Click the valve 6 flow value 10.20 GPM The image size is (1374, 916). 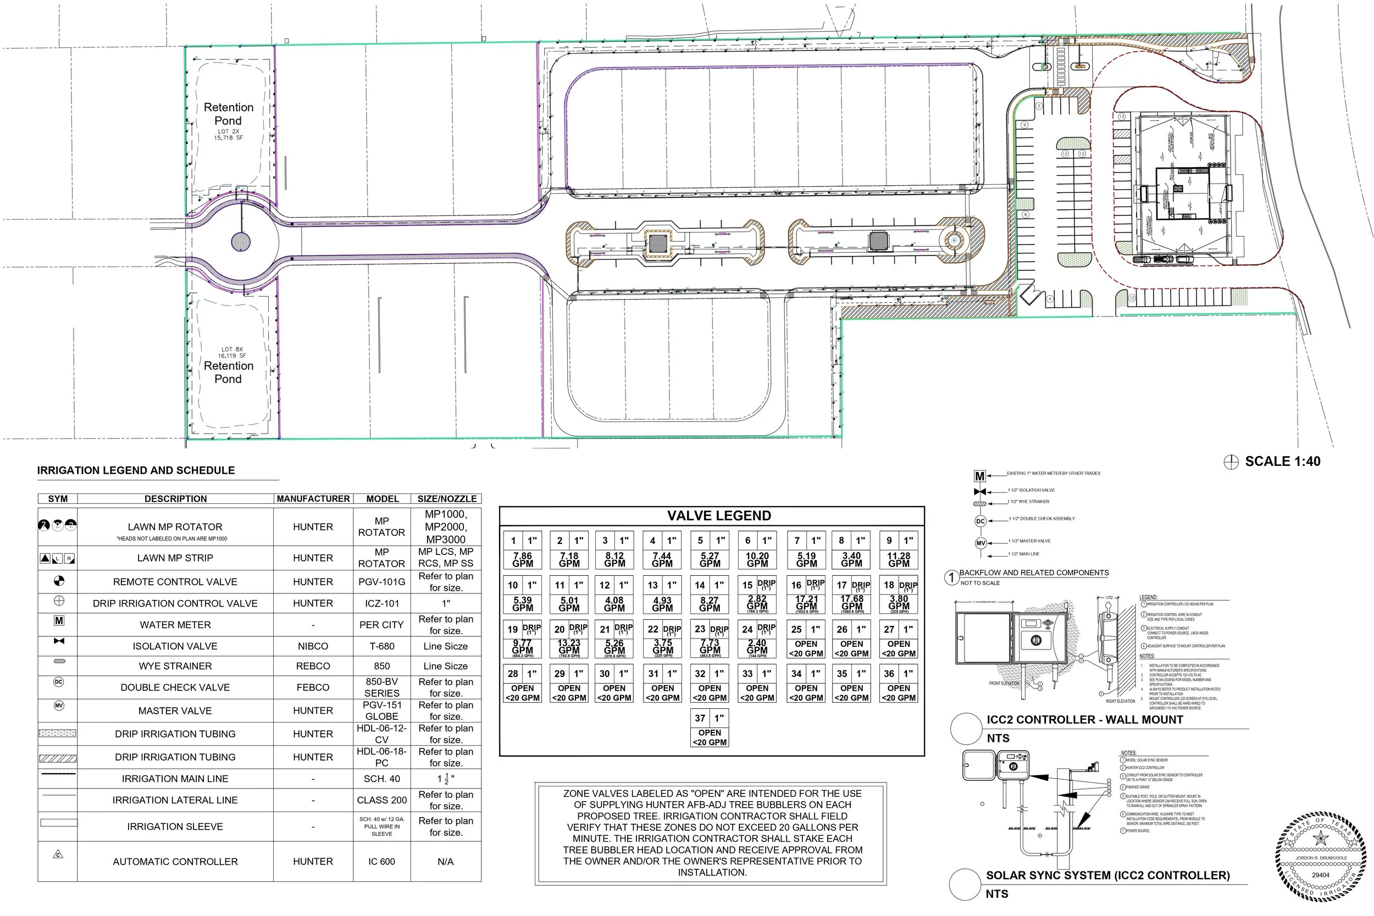coord(757,559)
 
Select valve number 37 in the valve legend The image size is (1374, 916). coord(700,718)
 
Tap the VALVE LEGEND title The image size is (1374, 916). coord(718,515)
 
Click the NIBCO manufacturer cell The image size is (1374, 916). coord(313,646)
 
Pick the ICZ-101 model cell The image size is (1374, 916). coord(381,603)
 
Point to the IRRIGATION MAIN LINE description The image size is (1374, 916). coord(175,779)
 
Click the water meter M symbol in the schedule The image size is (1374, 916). coord(59,621)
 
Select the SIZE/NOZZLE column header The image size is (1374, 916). coord(446,498)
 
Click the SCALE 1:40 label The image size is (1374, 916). coord(1282,462)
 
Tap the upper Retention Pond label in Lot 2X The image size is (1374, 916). coord(229,114)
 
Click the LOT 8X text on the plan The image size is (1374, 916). coord(231,349)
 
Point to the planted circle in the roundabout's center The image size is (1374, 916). coord(241,241)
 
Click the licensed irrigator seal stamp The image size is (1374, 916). coord(1320,857)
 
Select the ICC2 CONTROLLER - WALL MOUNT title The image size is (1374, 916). coord(1084,720)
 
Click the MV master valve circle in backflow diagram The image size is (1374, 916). coord(980,543)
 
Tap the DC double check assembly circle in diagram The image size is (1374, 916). coord(980,521)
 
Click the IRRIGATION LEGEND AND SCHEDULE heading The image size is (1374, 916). coord(136,470)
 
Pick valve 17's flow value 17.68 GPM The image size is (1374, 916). coord(852,603)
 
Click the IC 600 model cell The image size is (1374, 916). coord(381,861)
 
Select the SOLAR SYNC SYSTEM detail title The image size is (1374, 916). coord(1107,875)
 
